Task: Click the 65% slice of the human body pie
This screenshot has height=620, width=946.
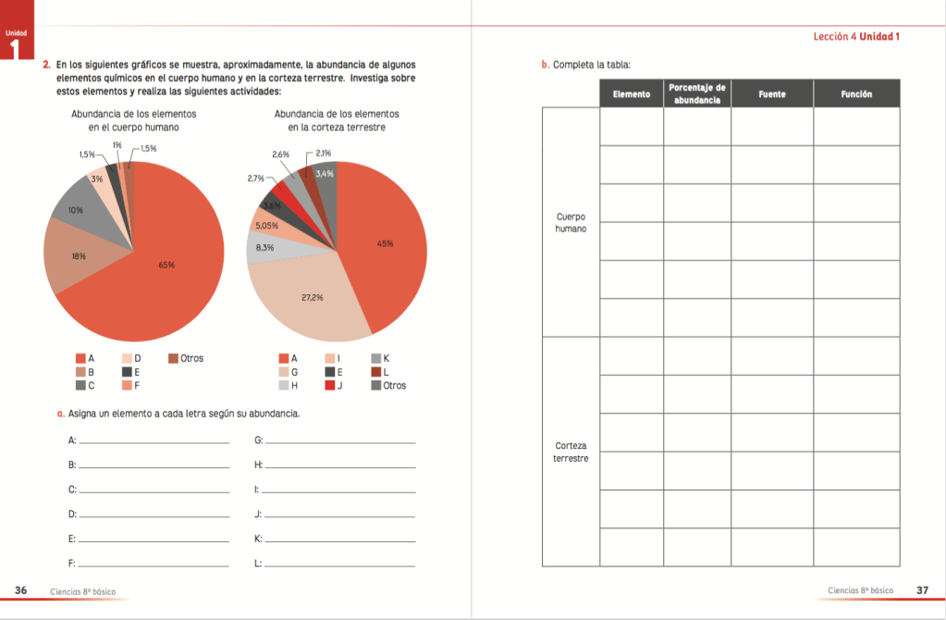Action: [x=166, y=265]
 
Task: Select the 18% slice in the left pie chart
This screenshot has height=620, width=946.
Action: [x=80, y=256]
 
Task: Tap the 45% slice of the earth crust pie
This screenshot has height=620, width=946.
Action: [x=385, y=243]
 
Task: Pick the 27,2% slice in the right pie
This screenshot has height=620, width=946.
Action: [x=312, y=298]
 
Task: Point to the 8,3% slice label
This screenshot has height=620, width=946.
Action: [x=264, y=247]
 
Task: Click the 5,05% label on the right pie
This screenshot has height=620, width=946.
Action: [x=266, y=225]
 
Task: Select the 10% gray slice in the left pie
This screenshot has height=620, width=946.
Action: [x=76, y=211]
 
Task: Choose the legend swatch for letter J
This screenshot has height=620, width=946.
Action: [x=329, y=385]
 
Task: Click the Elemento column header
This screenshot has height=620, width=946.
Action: [x=632, y=94]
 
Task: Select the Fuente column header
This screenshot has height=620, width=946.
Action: [x=772, y=94]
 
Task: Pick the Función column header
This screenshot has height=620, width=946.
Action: [x=856, y=94]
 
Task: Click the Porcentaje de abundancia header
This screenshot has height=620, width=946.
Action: [x=697, y=93]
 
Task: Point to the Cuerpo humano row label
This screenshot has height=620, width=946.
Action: [x=571, y=222]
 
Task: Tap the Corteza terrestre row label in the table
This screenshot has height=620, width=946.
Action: [x=571, y=452]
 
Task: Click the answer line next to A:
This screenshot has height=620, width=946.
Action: [x=154, y=442]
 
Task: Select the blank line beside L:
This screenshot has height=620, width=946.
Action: [x=339, y=564]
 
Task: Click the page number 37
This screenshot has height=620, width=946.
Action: [x=922, y=590]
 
